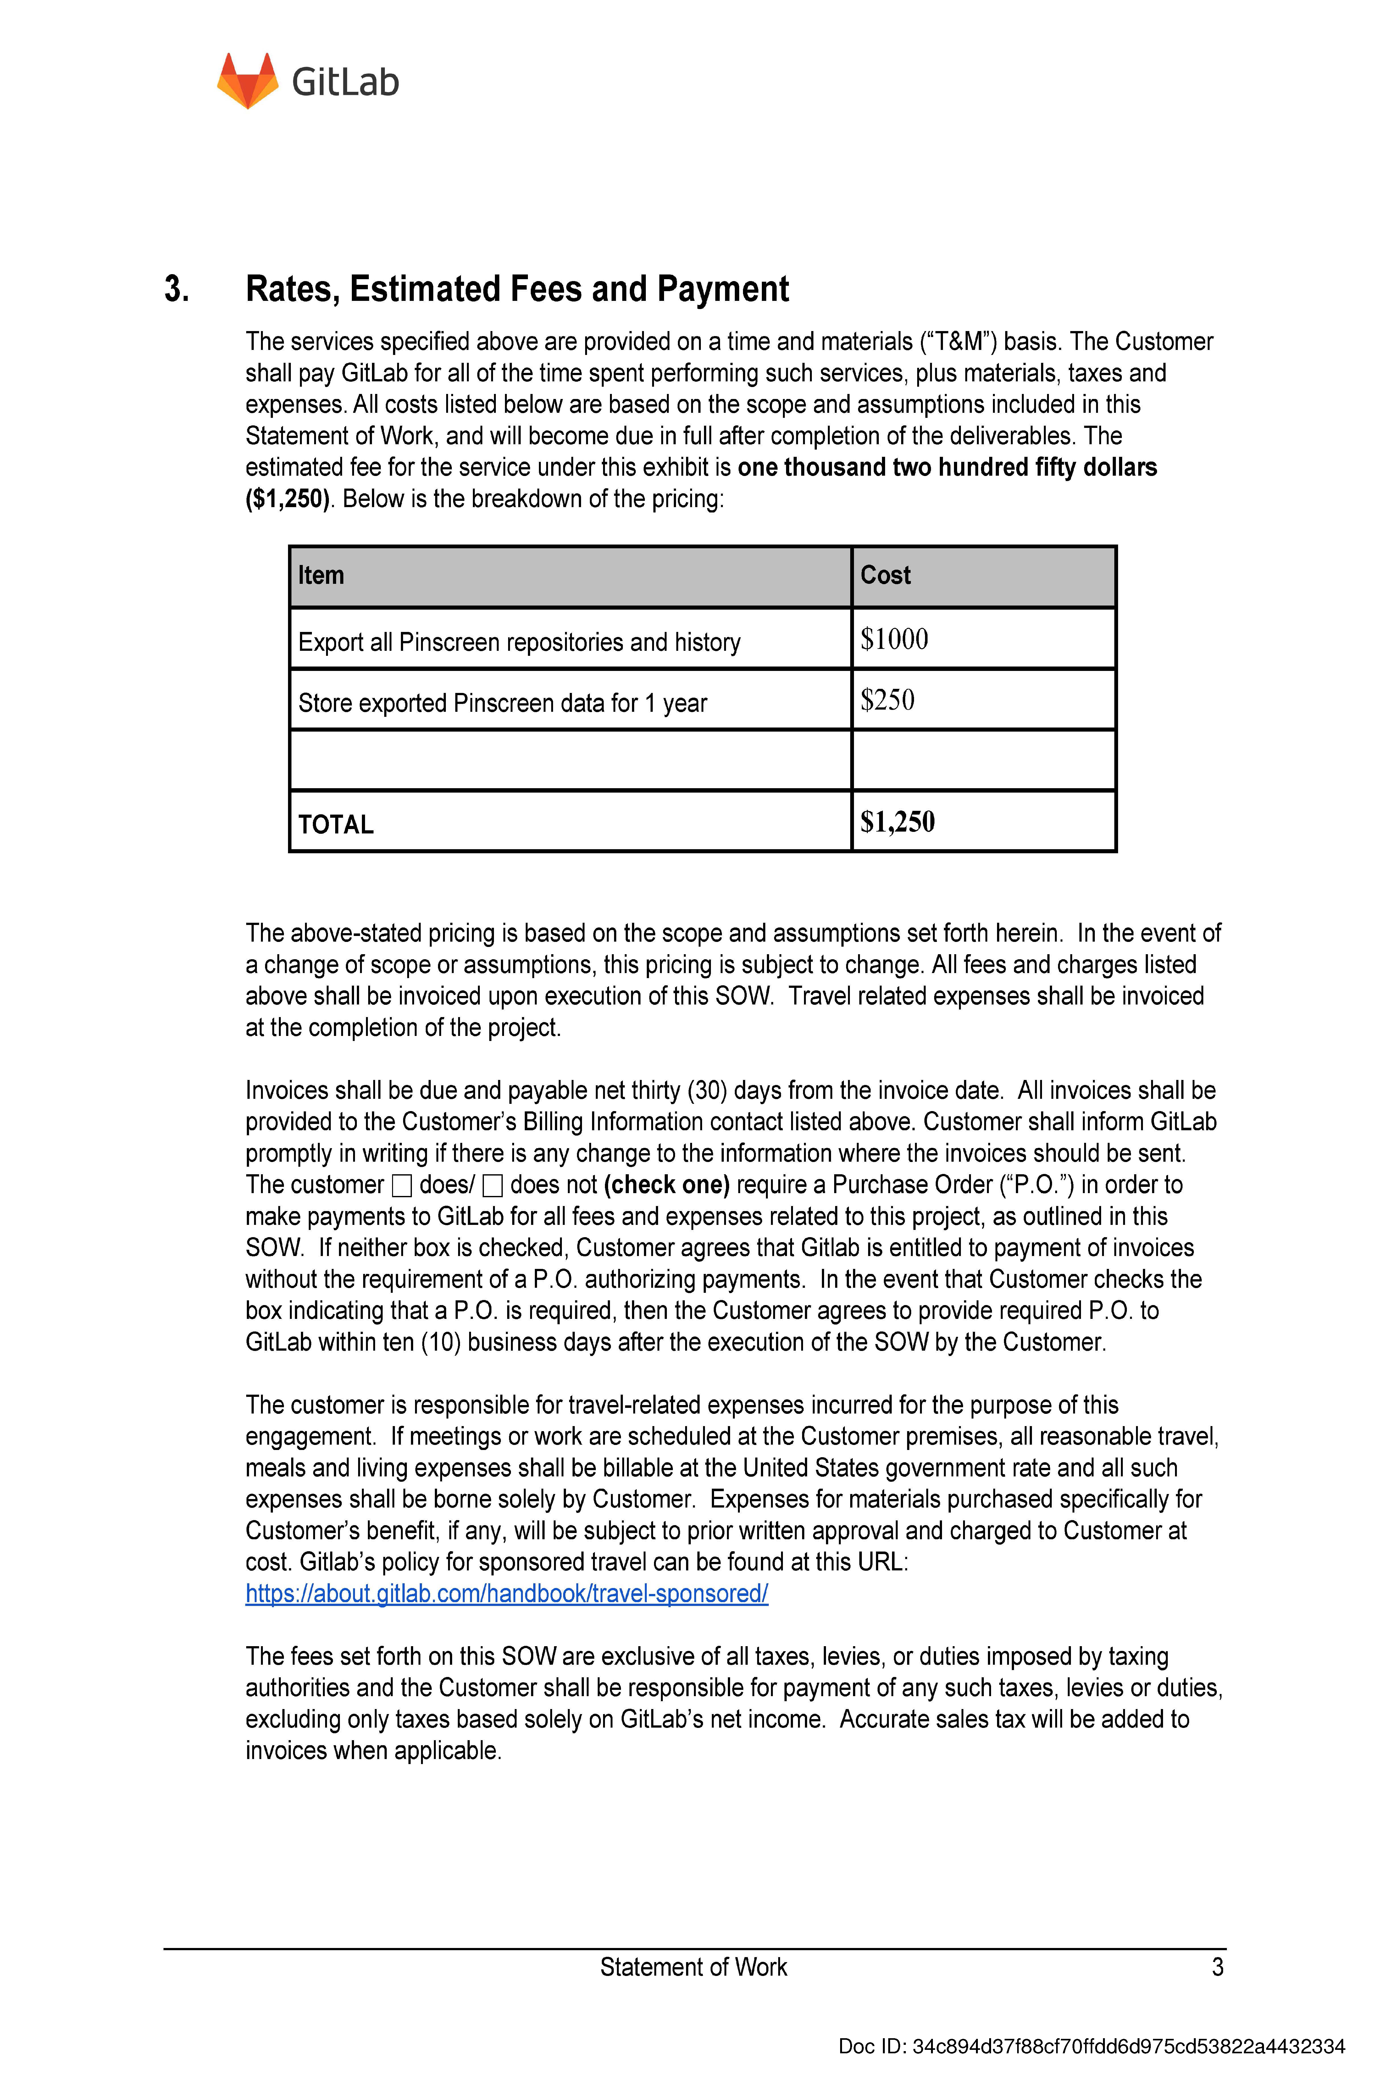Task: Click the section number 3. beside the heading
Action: coord(176,289)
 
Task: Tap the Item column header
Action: coord(321,576)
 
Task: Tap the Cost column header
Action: coord(885,576)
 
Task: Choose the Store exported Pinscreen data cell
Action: coord(502,703)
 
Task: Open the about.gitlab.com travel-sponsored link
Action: coord(507,1593)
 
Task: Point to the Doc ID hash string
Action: coord(1128,2047)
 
